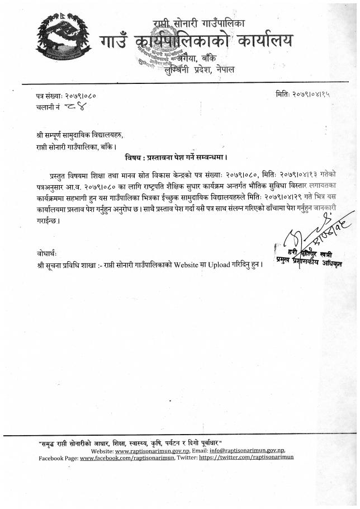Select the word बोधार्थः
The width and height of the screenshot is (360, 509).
click(45, 253)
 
